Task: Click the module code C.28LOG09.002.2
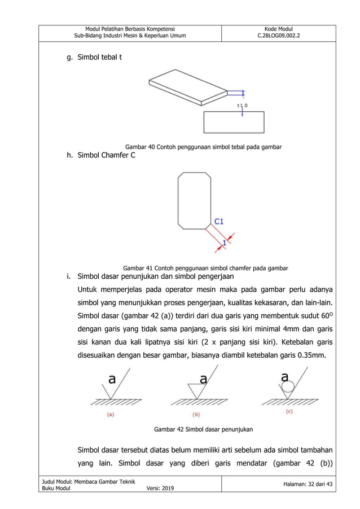279,36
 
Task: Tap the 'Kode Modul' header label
279,29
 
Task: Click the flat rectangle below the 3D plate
234,122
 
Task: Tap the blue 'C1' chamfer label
218,222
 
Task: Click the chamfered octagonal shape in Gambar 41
194,201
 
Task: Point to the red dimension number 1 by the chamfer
224,242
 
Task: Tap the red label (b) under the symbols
196,414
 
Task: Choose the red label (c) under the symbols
289,411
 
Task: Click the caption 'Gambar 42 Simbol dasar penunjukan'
203,429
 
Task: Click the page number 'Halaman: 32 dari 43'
299,484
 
